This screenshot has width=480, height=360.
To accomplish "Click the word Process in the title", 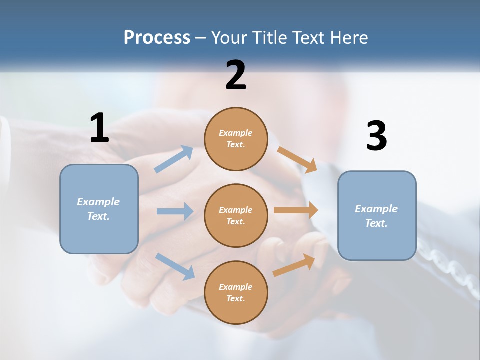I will (157, 38).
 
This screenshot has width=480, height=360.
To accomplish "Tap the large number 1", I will (99, 128).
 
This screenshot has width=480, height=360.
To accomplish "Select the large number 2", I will (236, 75).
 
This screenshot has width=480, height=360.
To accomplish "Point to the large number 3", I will (376, 136).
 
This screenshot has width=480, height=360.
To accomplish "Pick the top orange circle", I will (236, 139).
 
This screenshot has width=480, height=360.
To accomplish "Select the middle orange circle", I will (236, 215).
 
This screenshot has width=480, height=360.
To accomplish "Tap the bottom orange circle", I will (236, 292).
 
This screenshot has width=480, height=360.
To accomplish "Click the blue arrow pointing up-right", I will (174, 159).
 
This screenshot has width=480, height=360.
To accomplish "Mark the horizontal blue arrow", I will (175, 211).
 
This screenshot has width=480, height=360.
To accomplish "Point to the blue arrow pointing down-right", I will (175, 266).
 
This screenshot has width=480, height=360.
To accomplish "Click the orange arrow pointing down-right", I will (297, 159).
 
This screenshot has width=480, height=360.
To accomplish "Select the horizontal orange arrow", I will (296, 210).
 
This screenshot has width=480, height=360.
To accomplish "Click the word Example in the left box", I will (98, 202).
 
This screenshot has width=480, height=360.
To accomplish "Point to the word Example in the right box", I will (376, 209).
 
